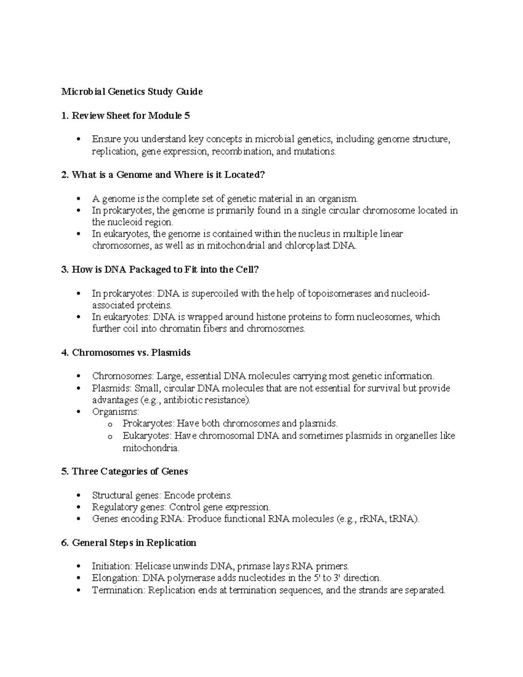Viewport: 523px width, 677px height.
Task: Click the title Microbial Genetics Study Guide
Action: click(132, 92)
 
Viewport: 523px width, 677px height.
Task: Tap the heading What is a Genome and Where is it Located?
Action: click(168, 175)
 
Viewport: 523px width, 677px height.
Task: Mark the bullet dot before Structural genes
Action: click(78, 495)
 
